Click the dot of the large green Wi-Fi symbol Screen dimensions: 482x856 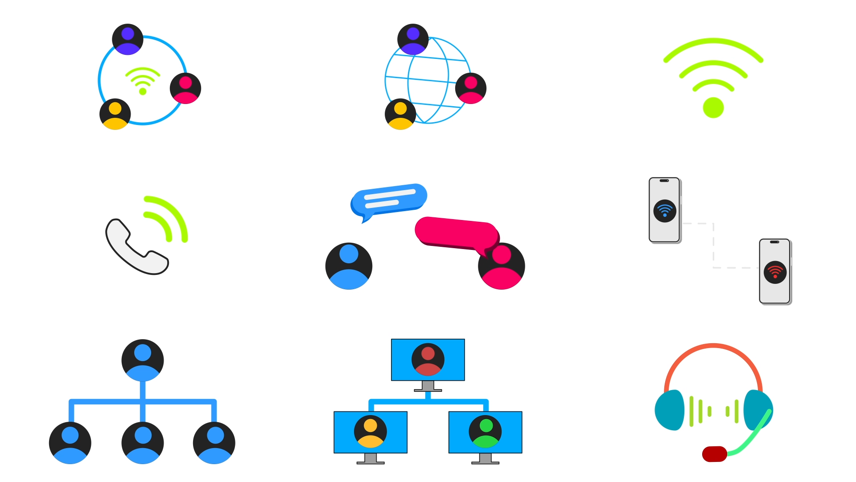coord(713,108)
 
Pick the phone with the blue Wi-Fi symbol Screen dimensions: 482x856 coord(664,210)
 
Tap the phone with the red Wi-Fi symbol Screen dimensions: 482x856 coord(775,271)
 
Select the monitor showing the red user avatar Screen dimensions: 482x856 coord(428,360)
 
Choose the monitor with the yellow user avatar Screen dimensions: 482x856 coord(370,432)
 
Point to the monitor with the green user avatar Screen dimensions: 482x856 coord(485,432)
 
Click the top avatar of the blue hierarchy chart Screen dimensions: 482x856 coord(143,360)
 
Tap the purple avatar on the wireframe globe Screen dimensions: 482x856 coord(413,39)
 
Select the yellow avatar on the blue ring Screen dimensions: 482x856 coord(115,114)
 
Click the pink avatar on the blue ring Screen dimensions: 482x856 coord(185,88)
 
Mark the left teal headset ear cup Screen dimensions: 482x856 coord(670,410)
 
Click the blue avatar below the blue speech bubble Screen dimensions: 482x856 coord(349,266)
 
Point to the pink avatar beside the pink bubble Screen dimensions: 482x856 coord(502,266)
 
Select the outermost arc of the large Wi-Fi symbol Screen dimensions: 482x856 coord(713,41)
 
